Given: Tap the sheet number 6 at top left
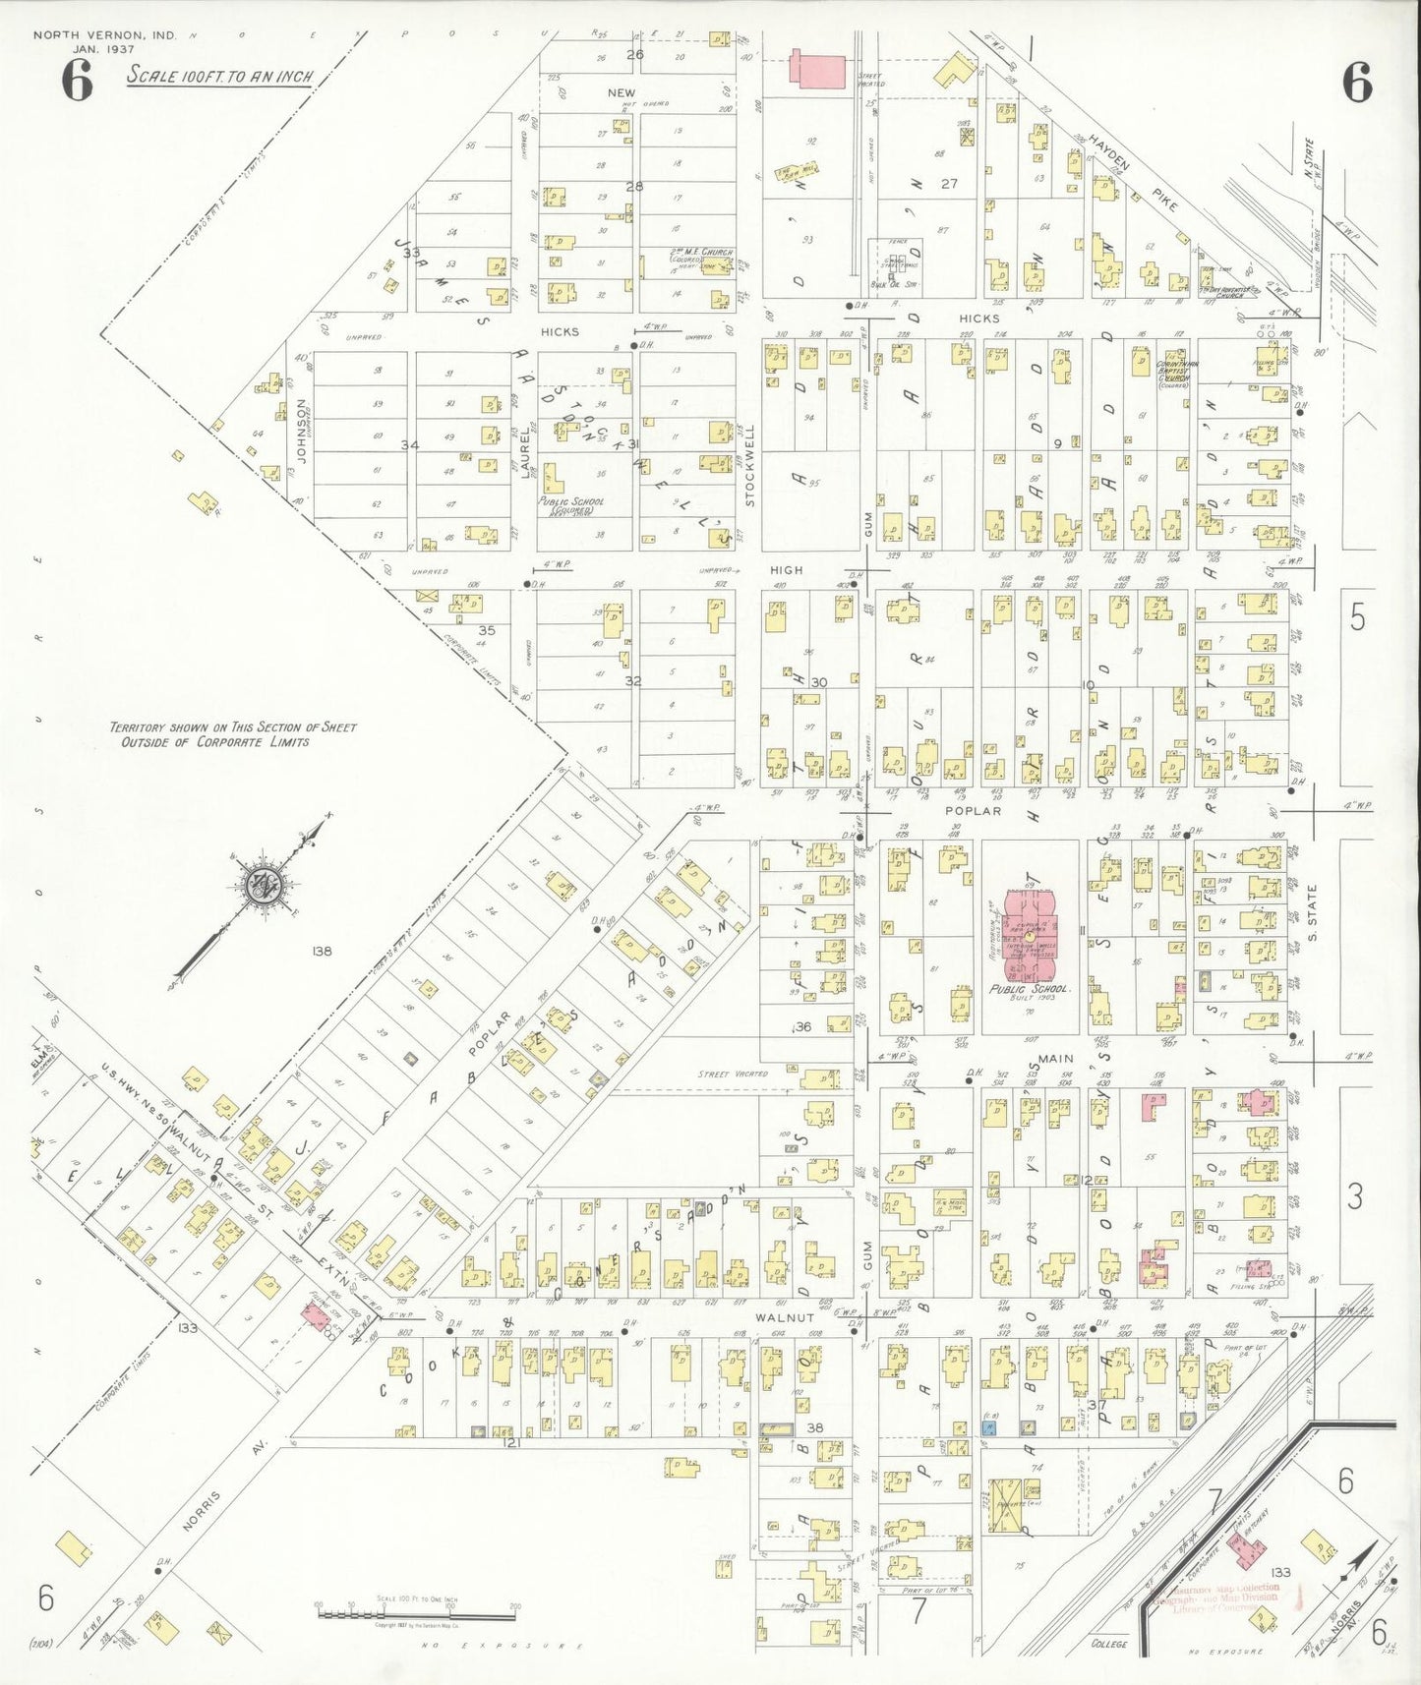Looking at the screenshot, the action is pos(77,81).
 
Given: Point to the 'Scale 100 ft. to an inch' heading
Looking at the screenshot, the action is pos(219,76).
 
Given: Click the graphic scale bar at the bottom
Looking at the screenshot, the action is pos(416,1612).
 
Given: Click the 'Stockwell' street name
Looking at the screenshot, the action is pos(749,465).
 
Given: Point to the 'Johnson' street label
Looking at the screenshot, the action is pos(302,430).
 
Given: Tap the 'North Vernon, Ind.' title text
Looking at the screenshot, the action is pos(104,35).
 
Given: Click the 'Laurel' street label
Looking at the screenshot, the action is pos(525,447).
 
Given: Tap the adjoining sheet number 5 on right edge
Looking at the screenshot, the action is pos(1357,617).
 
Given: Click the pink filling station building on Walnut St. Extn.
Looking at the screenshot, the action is pos(315,1313).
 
